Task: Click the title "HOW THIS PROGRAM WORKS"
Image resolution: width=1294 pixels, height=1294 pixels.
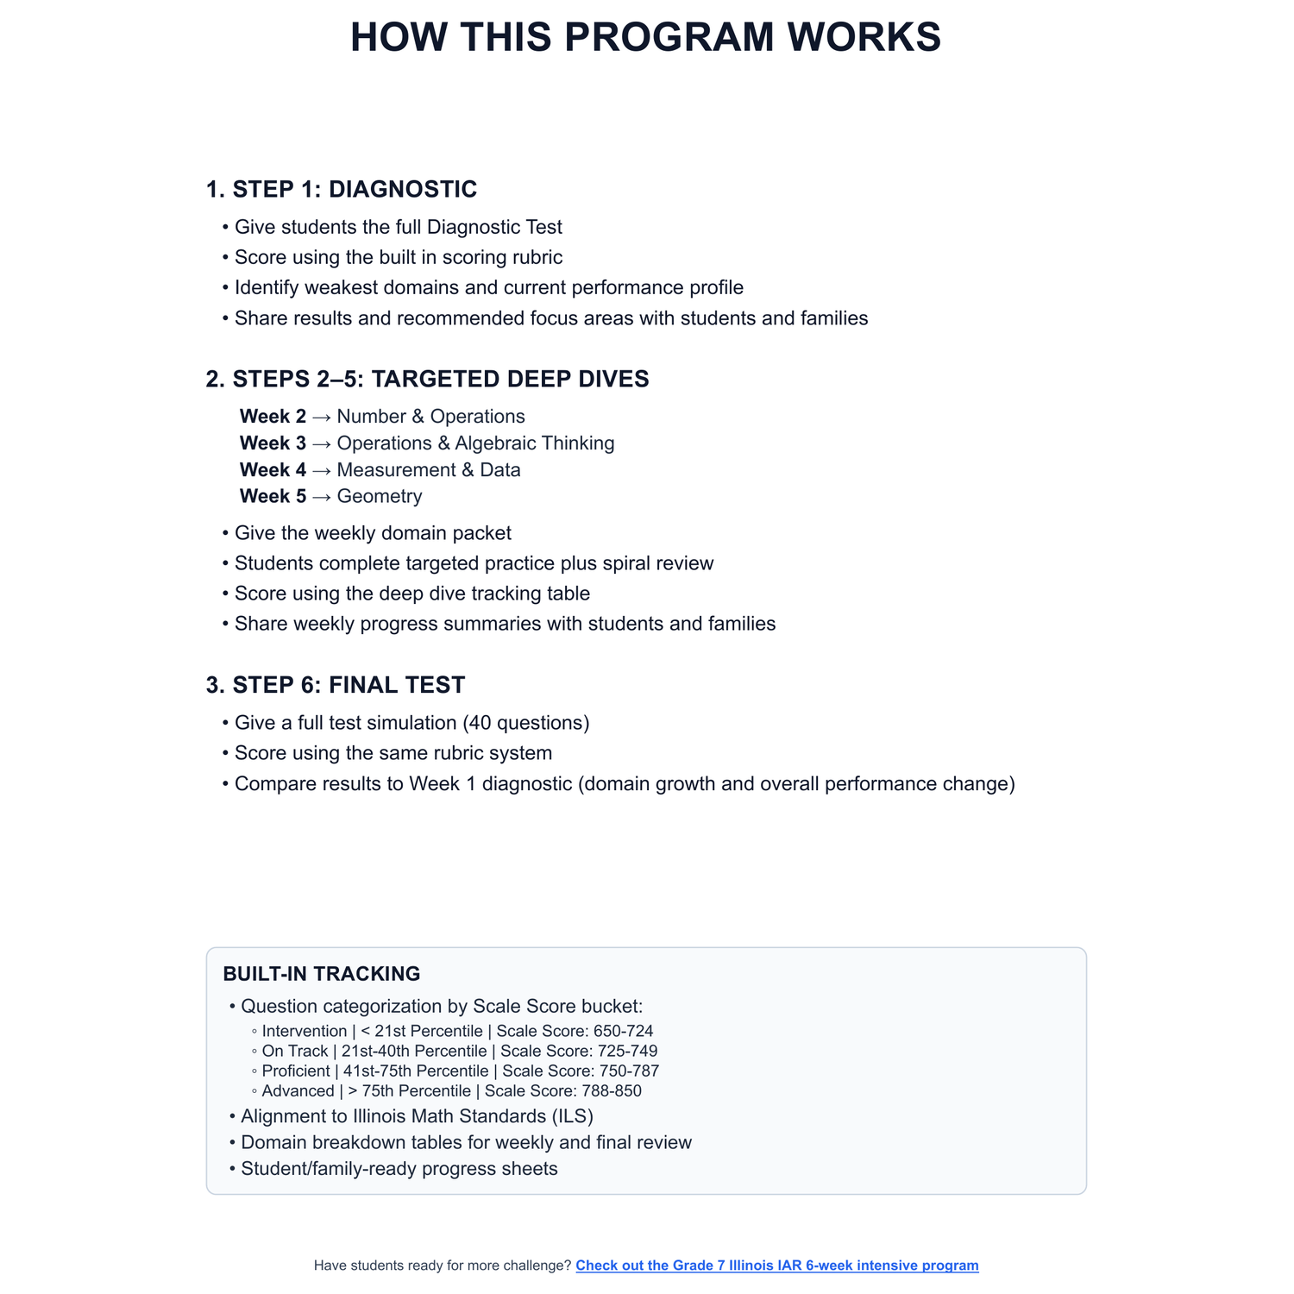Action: (x=645, y=38)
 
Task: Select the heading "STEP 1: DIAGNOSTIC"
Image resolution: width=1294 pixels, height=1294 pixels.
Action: (x=355, y=189)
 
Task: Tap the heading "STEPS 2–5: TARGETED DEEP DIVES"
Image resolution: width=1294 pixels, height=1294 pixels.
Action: (x=441, y=379)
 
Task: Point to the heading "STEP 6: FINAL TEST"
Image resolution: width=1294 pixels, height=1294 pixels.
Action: (x=349, y=685)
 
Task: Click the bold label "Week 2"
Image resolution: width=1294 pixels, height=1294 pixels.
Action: (x=273, y=417)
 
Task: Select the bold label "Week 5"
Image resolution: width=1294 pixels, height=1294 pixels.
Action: (x=273, y=497)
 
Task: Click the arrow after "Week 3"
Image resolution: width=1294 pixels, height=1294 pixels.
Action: (x=321, y=443)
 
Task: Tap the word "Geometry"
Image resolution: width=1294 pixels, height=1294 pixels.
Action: (x=380, y=497)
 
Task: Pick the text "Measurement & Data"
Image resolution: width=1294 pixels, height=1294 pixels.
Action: (x=429, y=470)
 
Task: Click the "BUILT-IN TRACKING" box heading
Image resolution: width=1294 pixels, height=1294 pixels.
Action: (x=322, y=974)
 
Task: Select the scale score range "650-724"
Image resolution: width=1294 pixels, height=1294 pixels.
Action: (x=623, y=1031)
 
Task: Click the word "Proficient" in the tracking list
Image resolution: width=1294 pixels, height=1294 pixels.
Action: (x=296, y=1071)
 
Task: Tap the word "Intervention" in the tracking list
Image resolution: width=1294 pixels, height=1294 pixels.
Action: (x=305, y=1031)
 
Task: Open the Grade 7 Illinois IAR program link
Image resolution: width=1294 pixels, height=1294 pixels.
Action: (x=776, y=1266)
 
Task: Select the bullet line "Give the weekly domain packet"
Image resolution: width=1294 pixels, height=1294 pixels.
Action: (x=373, y=533)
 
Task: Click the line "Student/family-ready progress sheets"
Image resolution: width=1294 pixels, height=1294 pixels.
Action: (x=399, y=1169)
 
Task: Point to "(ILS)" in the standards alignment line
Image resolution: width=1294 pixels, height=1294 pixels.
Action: (x=572, y=1116)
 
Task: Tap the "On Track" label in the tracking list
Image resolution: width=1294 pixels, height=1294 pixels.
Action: (x=295, y=1052)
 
